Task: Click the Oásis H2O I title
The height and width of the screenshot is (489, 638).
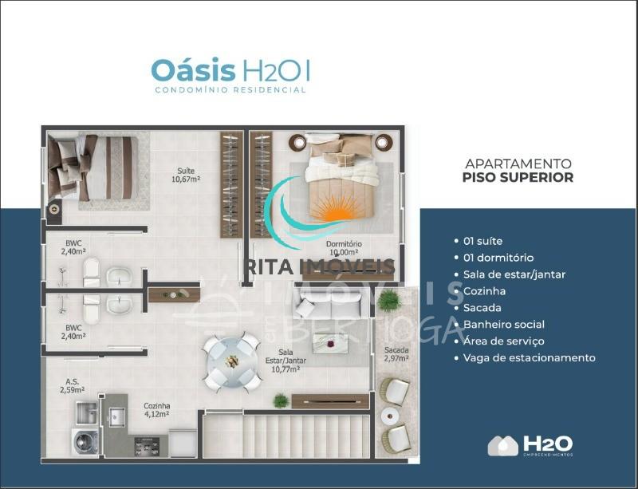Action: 230,70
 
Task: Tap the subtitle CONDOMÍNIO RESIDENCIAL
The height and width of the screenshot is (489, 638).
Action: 230,90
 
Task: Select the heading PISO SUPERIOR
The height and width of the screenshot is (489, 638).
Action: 518,177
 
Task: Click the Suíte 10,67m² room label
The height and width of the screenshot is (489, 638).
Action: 185,174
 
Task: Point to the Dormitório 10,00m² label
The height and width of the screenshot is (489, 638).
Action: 344,248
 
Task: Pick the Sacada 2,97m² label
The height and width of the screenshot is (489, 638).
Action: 396,354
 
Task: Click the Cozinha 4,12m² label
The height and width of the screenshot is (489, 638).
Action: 156,410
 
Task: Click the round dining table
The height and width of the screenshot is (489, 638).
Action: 230,362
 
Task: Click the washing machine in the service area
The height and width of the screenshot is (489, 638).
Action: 85,441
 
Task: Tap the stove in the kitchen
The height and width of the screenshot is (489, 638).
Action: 147,444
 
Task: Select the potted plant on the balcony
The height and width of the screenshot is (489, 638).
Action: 388,301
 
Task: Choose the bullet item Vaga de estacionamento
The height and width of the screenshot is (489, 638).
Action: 529,357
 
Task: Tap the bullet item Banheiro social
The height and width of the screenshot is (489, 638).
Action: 503,324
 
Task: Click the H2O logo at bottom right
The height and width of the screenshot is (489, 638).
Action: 530,445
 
